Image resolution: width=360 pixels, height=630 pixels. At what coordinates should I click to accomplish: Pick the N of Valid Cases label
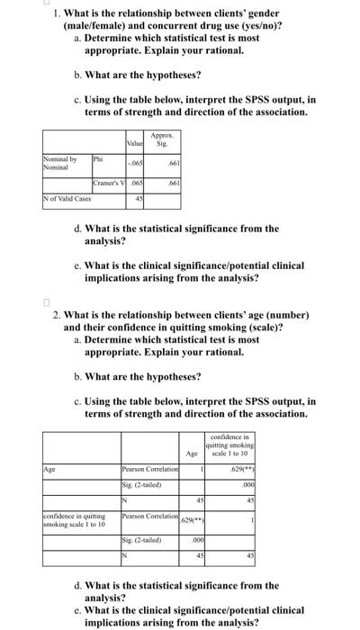pyautogui.click(x=68, y=197)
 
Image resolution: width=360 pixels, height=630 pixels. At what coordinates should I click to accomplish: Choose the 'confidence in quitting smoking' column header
pyautogui.click(x=229, y=444)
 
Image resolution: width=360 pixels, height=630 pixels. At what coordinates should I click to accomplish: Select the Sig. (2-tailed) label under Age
pyautogui.click(x=139, y=485)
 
